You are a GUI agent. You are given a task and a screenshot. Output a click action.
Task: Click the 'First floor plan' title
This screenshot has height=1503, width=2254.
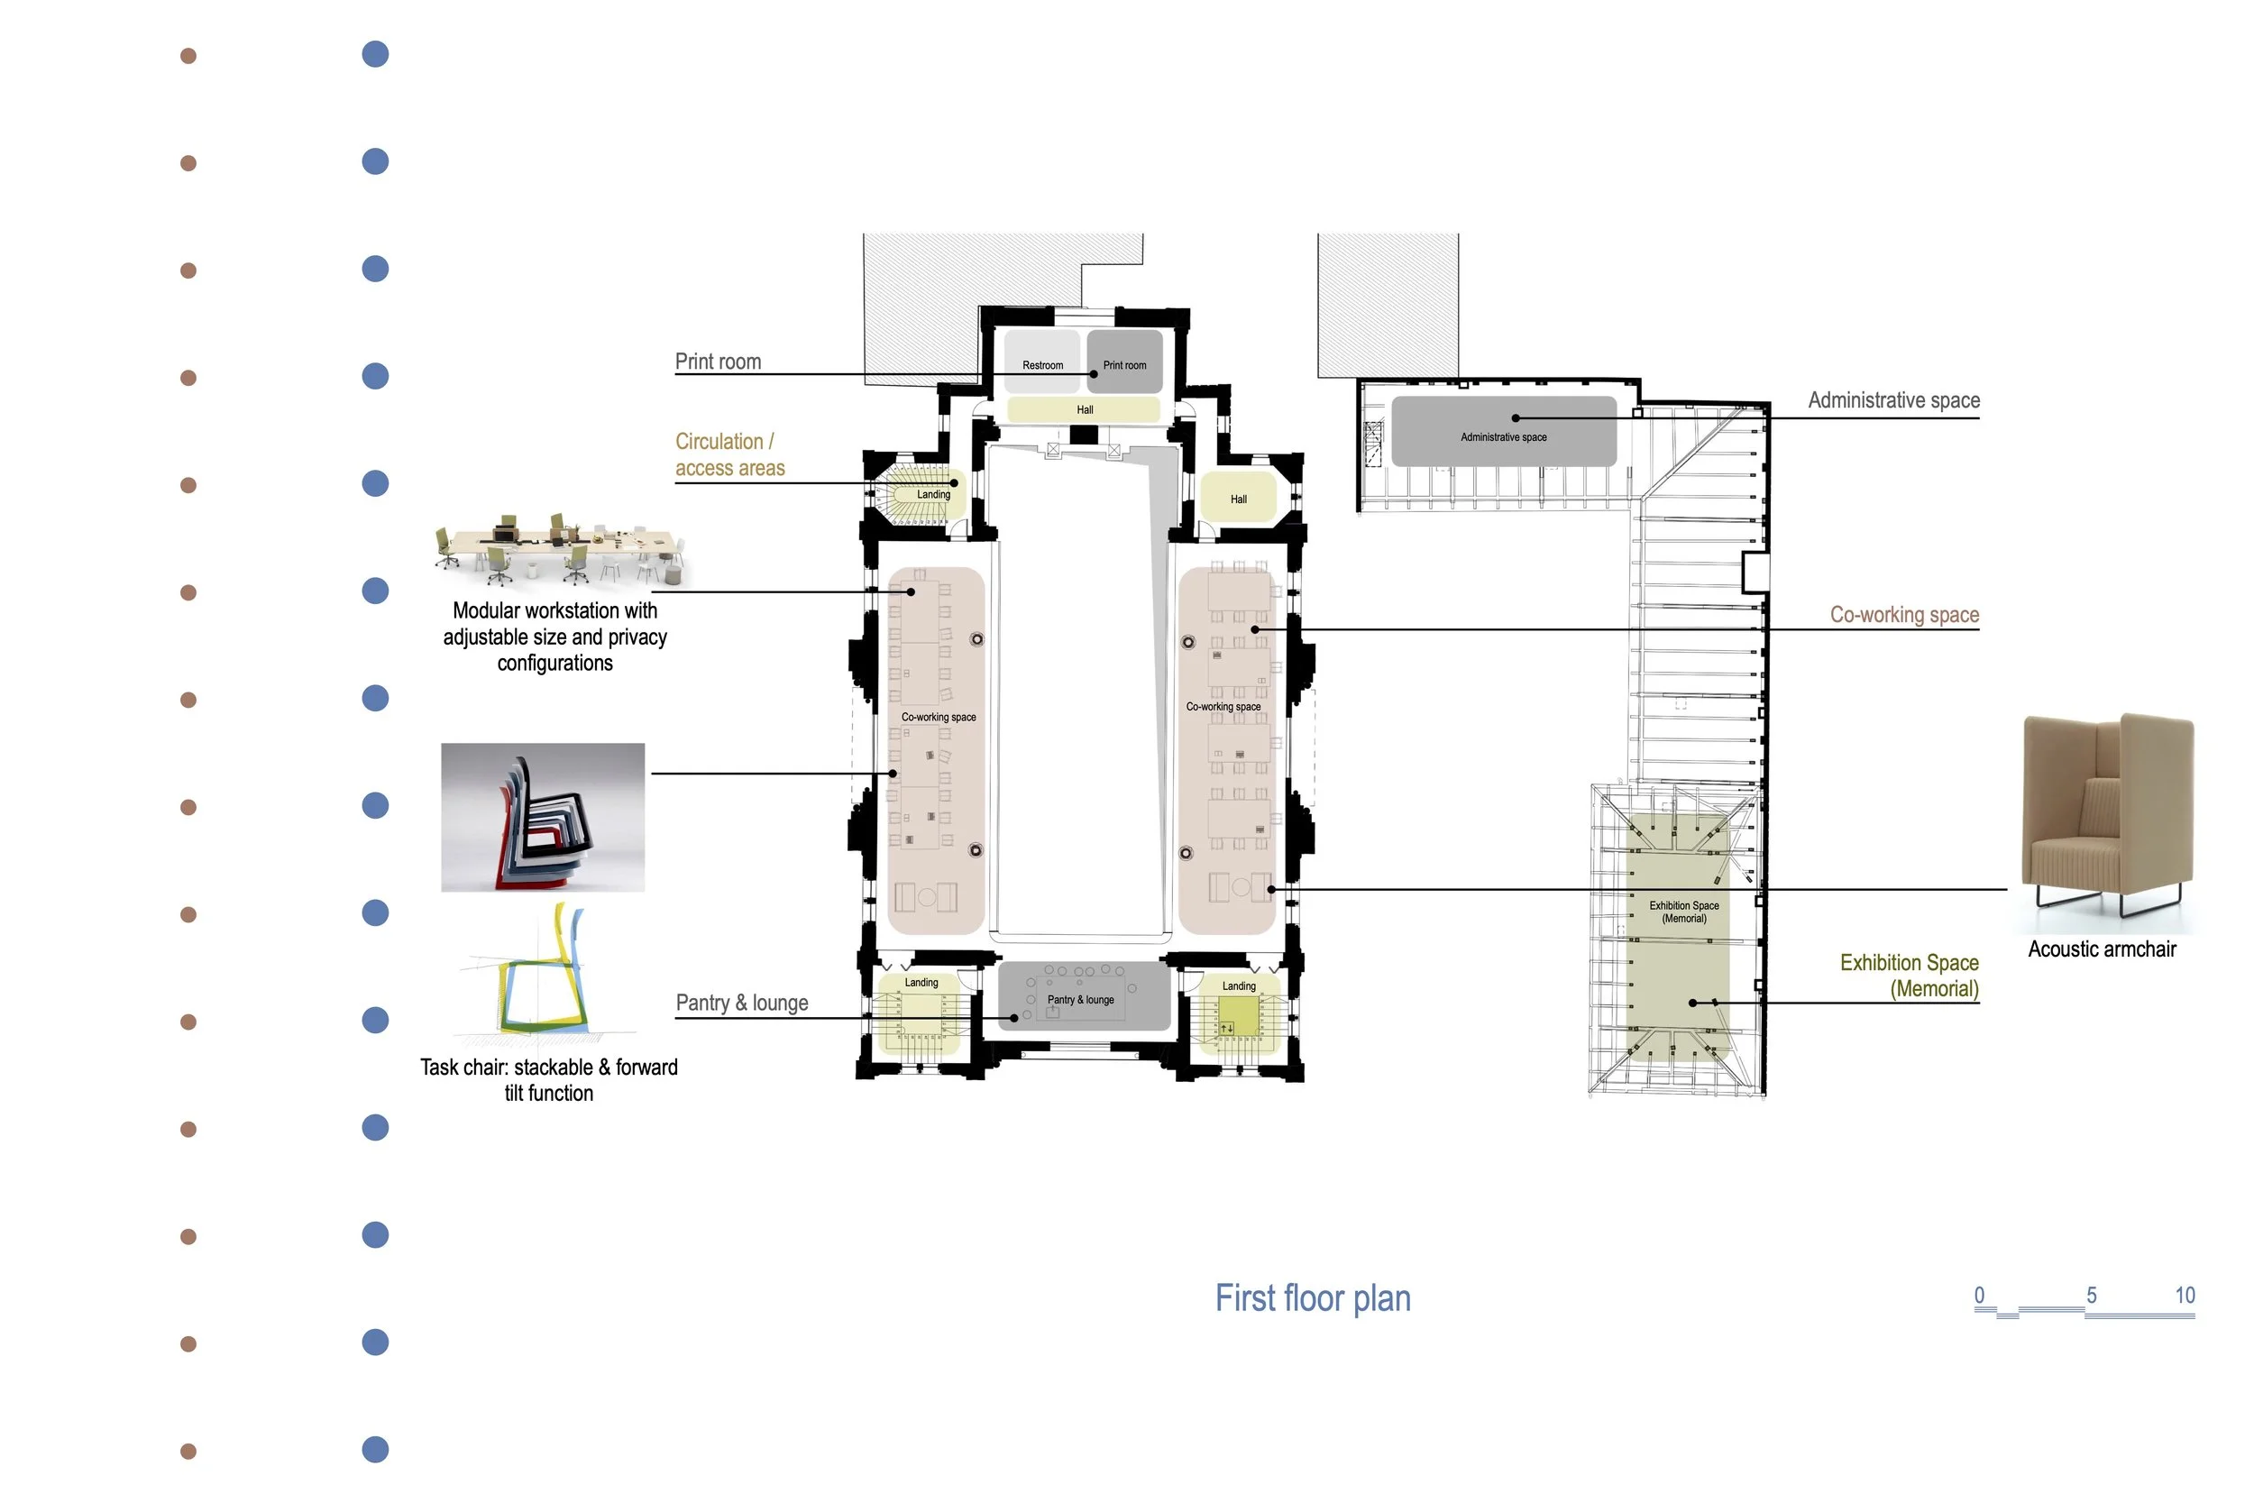pyautogui.click(x=1313, y=1299)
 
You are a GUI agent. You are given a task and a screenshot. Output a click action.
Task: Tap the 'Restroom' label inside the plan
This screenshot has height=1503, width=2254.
pyautogui.click(x=1042, y=365)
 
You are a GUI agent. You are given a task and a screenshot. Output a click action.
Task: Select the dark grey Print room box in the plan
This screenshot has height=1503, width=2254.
pyautogui.click(x=1124, y=362)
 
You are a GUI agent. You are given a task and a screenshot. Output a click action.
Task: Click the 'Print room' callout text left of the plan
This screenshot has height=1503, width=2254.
pyautogui.click(x=718, y=362)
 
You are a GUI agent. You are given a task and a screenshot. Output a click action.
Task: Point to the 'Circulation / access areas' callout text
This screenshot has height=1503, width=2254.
pyautogui.click(x=729, y=454)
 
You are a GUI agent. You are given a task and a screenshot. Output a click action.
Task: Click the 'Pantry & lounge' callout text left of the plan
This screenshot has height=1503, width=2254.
pyautogui.click(x=742, y=1003)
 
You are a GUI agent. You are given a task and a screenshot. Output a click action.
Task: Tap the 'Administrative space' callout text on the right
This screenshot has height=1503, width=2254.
pyautogui.click(x=1893, y=399)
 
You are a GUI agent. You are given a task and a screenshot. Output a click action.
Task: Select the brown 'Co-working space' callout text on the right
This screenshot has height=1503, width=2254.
pyautogui.click(x=1904, y=614)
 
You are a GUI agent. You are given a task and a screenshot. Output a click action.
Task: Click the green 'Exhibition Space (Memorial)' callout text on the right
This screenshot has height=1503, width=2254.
pyautogui.click(x=1909, y=976)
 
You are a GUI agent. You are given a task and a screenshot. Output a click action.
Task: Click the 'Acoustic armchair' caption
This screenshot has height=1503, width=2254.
pyautogui.click(x=2102, y=949)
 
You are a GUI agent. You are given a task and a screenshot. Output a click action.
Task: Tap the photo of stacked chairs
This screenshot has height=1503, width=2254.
pyautogui.click(x=543, y=818)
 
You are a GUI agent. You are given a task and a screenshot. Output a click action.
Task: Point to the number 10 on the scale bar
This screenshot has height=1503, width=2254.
pyautogui.click(x=2184, y=1295)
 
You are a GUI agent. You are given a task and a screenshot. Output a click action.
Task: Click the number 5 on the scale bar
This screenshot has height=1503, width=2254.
pyautogui.click(x=2091, y=1295)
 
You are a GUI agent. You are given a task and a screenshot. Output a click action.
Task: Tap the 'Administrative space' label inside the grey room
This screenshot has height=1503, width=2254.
pyautogui.click(x=1504, y=437)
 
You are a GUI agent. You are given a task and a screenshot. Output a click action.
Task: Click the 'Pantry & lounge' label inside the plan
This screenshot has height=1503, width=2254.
pyautogui.click(x=1080, y=1000)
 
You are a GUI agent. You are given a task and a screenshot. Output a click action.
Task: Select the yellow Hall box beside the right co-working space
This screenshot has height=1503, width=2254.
pyautogui.click(x=1238, y=498)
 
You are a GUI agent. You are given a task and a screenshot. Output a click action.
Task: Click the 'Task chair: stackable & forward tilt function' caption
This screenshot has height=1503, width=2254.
pyautogui.click(x=549, y=1080)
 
